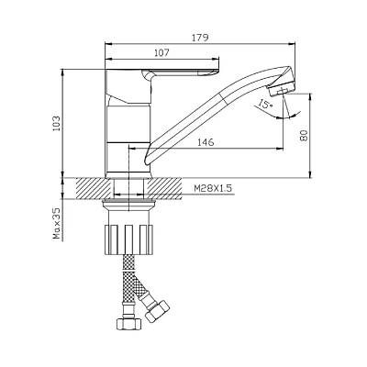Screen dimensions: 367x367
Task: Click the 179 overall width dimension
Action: (x=200, y=38)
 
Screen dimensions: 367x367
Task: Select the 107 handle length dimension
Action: (x=161, y=52)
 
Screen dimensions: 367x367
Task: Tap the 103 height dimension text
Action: (x=57, y=123)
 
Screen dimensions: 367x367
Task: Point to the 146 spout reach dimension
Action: (x=206, y=142)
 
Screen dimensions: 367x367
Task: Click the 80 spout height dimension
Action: (x=304, y=135)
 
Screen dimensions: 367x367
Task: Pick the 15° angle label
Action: (x=265, y=105)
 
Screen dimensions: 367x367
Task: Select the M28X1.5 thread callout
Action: (x=213, y=188)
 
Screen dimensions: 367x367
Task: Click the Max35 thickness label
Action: (x=57, y=224)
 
